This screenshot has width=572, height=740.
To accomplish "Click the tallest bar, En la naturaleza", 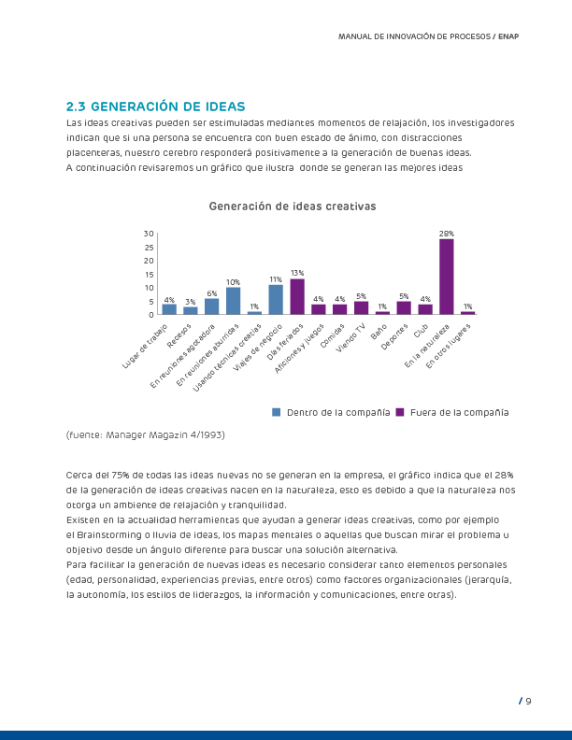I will (x=447, y=277).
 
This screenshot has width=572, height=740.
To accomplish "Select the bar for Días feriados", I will (x=297, y=296).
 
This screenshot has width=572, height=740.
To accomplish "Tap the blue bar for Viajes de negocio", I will (x=276, y=299).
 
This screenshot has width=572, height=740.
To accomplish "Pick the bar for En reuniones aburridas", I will (x=234, y=300).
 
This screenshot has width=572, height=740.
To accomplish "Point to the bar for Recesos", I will (x=191, y=310).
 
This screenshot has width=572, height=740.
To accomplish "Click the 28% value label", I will (x=447, y=233).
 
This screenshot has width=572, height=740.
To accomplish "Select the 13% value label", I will (x=297, y=272).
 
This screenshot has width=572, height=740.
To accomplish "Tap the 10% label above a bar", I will (x=234, y=281).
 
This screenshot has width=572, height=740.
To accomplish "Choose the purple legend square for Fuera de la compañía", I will (x=400, y=412).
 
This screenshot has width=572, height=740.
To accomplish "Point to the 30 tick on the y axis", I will (x=149, y=233).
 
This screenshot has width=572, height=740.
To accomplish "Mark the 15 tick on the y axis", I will (x=149, y=274).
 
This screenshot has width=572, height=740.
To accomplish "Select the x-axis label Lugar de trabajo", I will (x=145, y=346).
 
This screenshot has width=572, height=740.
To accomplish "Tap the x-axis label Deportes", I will (x=395, y=334).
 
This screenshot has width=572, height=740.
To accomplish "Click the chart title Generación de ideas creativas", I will (x=292, y=206).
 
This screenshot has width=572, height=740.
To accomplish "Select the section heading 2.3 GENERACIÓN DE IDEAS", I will (x=155, y=106).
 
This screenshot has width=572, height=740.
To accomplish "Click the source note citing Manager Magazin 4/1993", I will (x=146, y=435).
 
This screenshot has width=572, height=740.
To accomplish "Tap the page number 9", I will (x=528, y=701).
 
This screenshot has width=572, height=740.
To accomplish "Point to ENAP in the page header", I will (x=508, y=36).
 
